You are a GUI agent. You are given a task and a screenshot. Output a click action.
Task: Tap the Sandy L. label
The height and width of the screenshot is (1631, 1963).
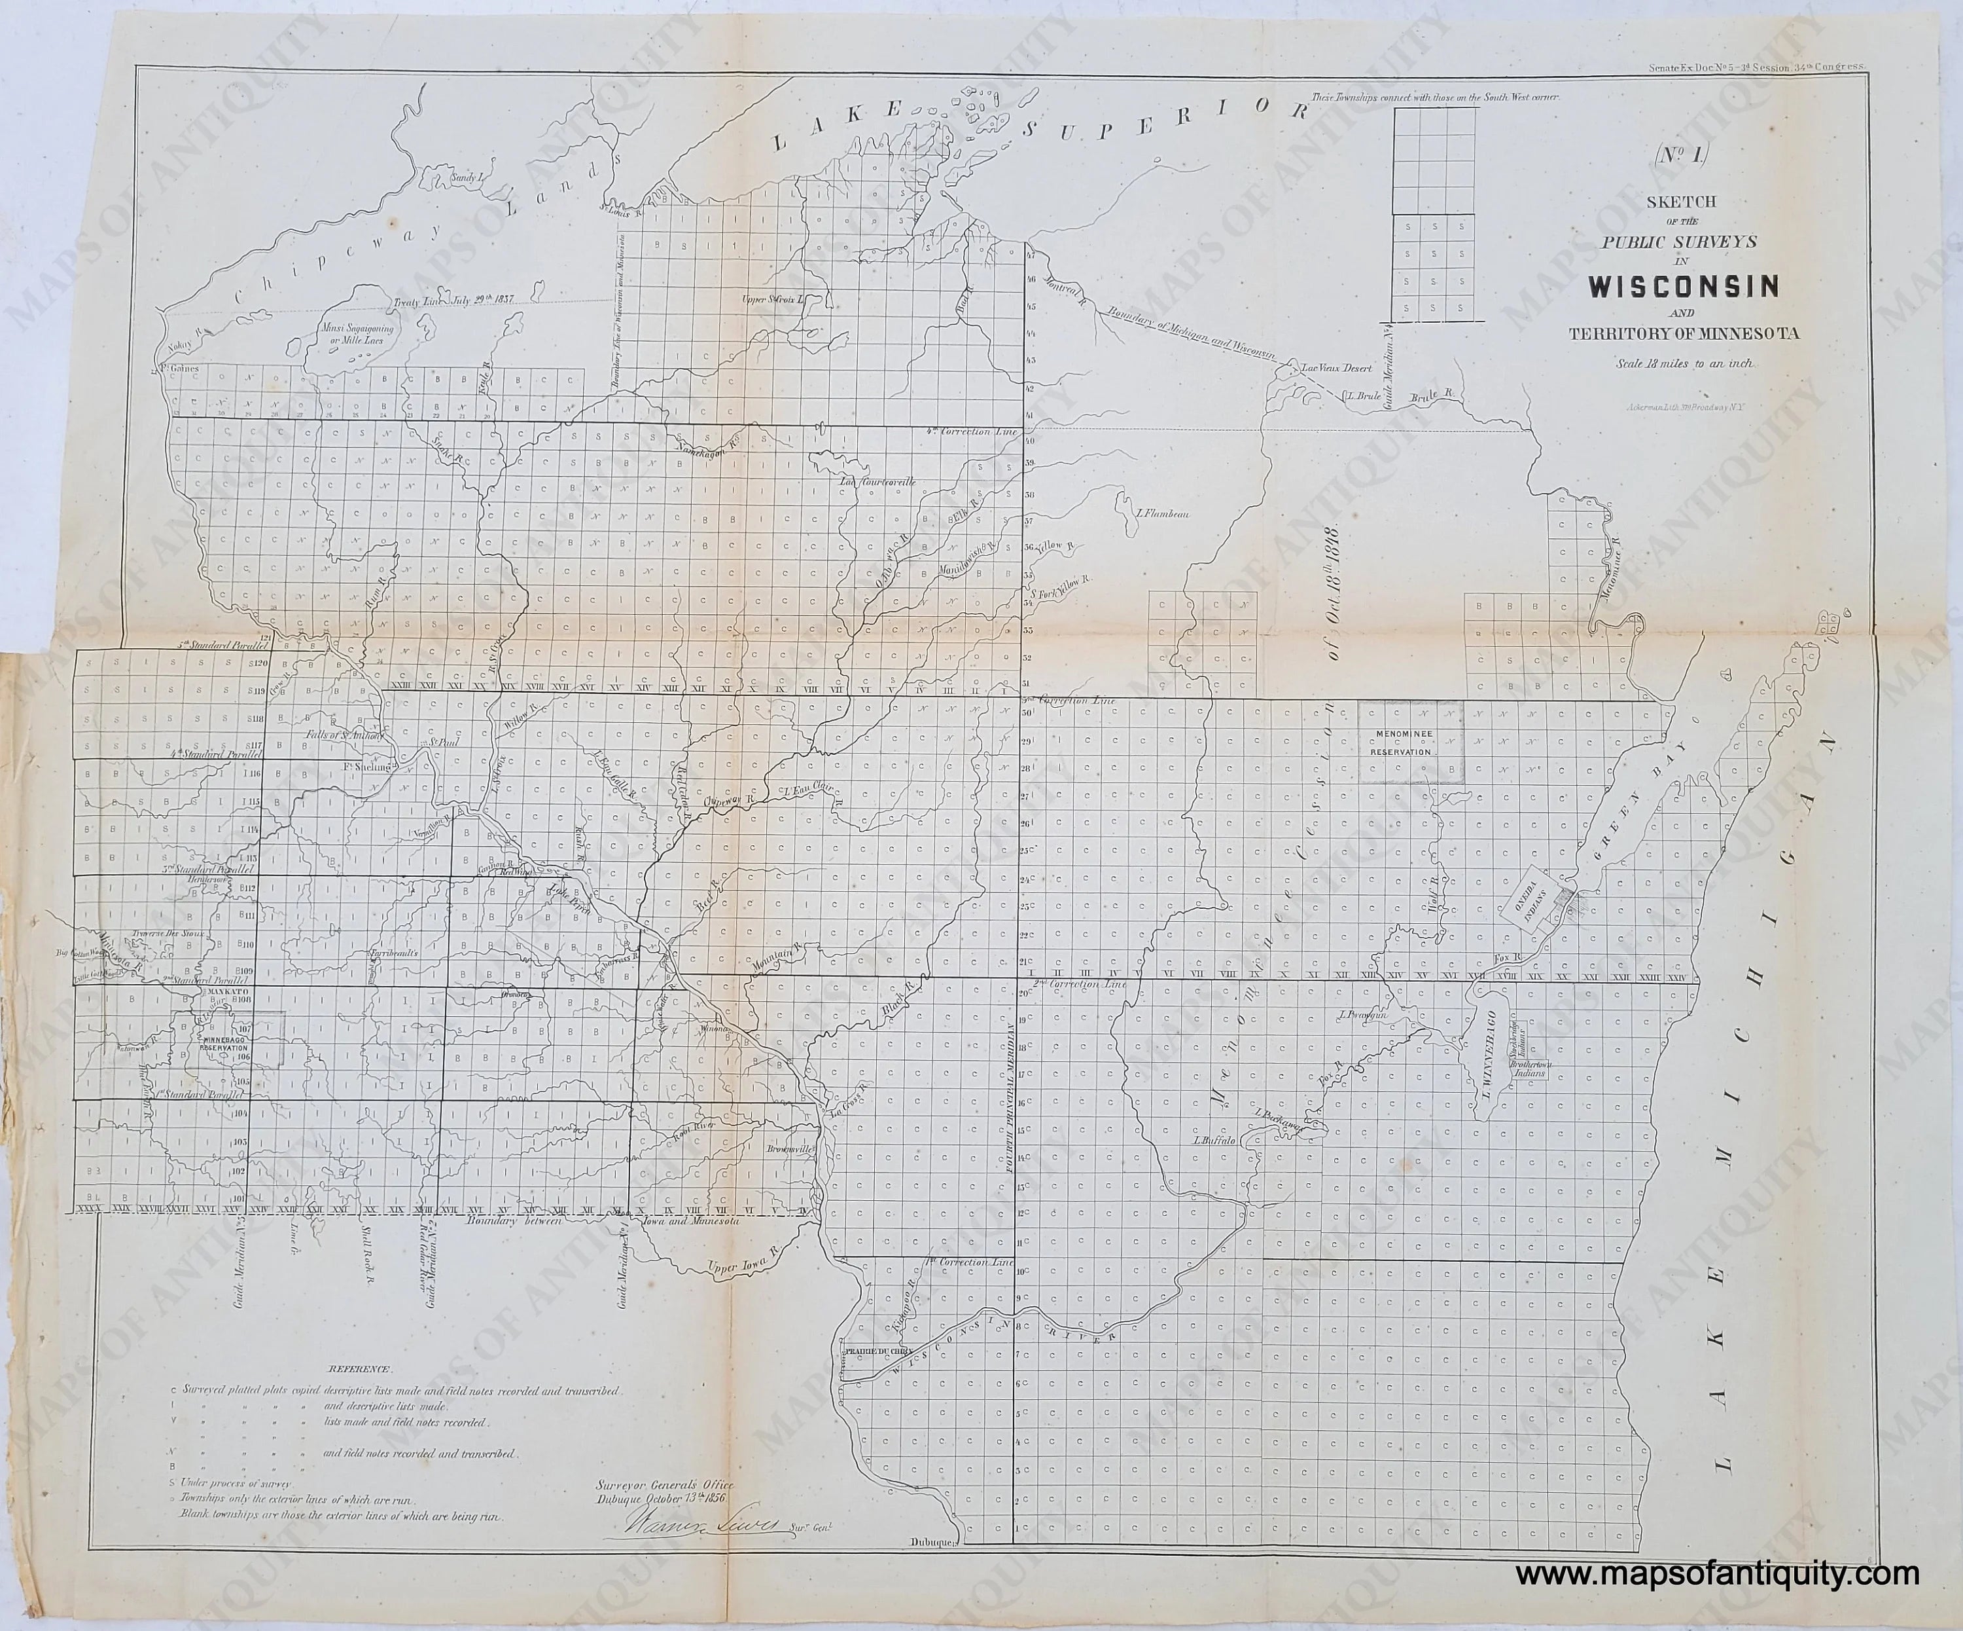pos(465,177)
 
